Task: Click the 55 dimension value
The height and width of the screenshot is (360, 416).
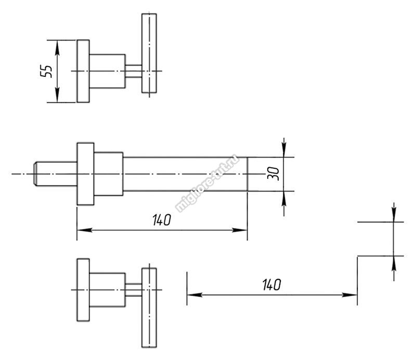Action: (46, 71)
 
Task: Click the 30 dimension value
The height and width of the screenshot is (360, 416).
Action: (274, 174)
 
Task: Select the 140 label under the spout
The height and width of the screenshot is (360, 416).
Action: (162, 220)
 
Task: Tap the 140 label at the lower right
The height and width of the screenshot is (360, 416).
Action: (271, 285)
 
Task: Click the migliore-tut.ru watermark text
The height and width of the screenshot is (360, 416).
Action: (207, 183)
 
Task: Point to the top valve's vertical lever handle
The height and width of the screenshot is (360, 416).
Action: (149, 53)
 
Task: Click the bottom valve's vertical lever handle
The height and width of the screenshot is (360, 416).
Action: (149, 308)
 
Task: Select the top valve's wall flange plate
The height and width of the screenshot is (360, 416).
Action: (83, 71)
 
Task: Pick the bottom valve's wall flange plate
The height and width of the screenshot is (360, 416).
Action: (83, 290)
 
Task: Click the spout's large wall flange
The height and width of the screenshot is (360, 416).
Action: (85, 174)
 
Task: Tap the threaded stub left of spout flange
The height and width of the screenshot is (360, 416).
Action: (56, 174)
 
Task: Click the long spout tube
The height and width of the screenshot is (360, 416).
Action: (185, 174)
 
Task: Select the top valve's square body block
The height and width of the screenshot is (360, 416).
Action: (108, 71)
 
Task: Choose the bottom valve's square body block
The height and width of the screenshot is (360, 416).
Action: (108, 290)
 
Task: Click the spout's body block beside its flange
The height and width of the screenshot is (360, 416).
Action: (109, 174)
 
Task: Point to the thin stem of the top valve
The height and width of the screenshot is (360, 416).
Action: (134, 71)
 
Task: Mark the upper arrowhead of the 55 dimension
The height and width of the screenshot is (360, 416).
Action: (57, 48)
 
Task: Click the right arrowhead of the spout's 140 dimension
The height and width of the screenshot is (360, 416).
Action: (240, 230)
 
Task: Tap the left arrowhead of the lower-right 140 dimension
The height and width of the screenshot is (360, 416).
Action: (194, 295)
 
